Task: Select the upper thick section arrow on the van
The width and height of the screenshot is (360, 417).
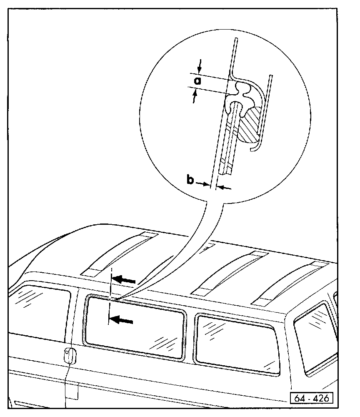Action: [x=125, y=279]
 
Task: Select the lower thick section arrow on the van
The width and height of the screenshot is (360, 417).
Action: [x=121, y=320]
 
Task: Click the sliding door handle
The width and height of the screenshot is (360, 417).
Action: [x=69, y=355]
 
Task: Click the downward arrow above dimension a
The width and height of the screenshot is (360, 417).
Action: [x=200, y=65]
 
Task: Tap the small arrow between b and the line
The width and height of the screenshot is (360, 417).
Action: [x=203, y=184]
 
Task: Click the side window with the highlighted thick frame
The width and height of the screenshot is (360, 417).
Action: [x=135, y=327]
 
